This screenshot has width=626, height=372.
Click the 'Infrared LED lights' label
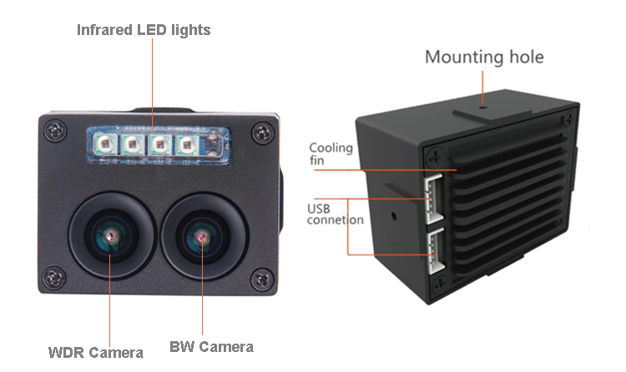tap(144, 30)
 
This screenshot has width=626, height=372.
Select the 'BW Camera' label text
tap(211, 347)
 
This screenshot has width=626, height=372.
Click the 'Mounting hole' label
tap(484, 57)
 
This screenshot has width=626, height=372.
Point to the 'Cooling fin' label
tap(331, 155)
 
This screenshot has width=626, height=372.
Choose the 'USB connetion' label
tap(334, 214)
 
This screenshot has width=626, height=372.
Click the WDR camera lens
tap(110, 239)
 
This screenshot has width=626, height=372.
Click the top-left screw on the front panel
tap(55, 131)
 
